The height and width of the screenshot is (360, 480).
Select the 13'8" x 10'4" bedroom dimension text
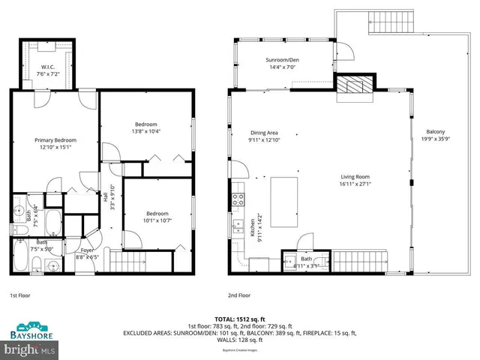(x=146, y=132)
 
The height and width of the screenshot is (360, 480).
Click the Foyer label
(x=87, y=250)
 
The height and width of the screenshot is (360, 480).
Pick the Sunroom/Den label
(x=282, y=59)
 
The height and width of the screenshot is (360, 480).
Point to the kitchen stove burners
(x=238, y=199)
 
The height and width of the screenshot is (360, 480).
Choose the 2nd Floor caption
(x=239, y=295)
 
